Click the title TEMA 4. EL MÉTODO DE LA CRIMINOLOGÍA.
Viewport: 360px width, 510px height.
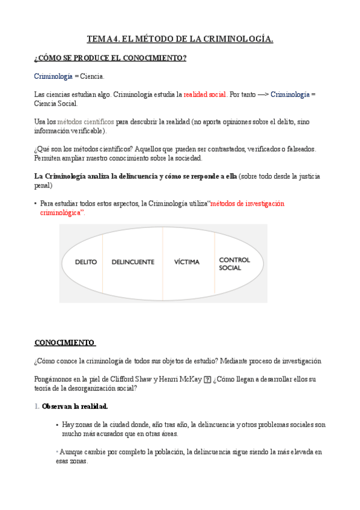(x=180, y=40)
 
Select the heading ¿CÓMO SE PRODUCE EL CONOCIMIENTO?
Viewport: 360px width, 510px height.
(x=110, y=58)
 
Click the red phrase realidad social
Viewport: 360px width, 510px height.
(x=205, y=95)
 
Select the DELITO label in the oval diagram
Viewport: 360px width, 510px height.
(x=86, y=262)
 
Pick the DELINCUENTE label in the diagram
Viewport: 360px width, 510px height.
(x=133, y=262)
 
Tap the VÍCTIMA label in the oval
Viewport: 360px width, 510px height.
(x=187, y=262)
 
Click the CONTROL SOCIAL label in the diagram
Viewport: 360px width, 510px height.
(x=234, y=264)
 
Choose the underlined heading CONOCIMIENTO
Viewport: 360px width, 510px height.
(x=65, y=343)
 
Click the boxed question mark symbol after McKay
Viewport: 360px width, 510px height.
(x=207, y=379)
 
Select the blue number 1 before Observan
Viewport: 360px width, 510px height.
(x=36, y=407)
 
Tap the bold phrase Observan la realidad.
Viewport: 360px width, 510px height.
(x=75, y=407)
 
